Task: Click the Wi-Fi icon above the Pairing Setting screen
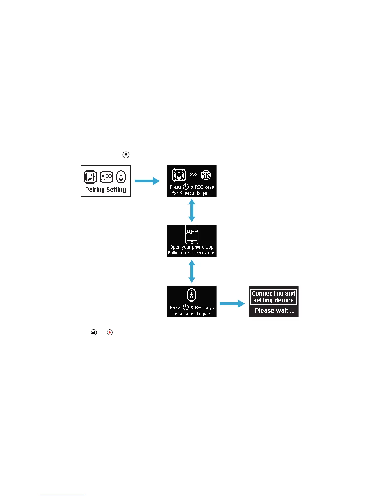pos(126,155)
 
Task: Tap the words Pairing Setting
pos(105,190)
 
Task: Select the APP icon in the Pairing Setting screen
pos(106,177)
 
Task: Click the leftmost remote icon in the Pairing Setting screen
pos(90,177)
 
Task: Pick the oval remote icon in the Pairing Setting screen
pos(121,177)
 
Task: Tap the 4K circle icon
pos(206,175)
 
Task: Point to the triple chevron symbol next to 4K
pos(193,175)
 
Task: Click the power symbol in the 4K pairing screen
pos(186,187)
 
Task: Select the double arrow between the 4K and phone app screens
pos(192,211)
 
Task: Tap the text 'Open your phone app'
pos(192,247)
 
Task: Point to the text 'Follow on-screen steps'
pos(192,253)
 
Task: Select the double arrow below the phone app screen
pos(192,271)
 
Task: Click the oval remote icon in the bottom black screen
pos(191,295)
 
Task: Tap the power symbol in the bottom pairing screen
pos(186,307)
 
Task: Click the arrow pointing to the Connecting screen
pos(232,303)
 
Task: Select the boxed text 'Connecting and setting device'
pos(273,297)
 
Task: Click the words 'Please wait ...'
pos(275,311)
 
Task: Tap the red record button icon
pos(109,332)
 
